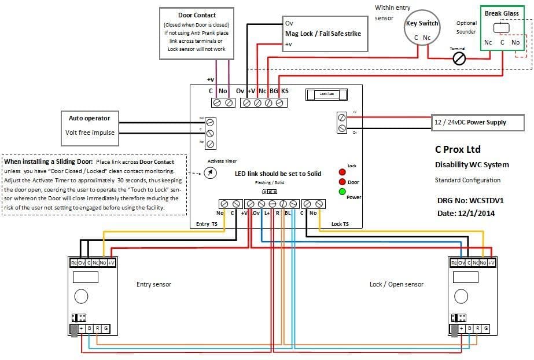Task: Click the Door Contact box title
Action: (197, 15)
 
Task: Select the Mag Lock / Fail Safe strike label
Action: (323, 34)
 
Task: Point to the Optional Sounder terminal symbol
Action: (460, 58)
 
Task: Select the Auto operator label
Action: (89, 118)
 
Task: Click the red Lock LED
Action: (343, 173)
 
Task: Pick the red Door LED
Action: (343, 182)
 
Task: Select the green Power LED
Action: (343, 192)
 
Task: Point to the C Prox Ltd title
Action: (458, 149)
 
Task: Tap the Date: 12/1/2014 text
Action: (466, 213)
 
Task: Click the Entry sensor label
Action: (153, 284)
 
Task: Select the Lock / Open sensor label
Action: (396, 284)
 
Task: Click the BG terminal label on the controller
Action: (274, 91)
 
